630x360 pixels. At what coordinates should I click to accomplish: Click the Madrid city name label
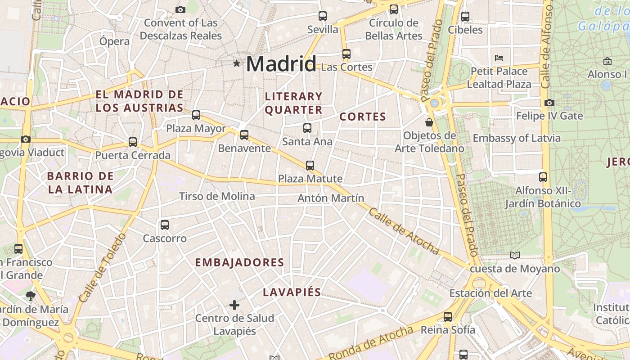tap(281, 63)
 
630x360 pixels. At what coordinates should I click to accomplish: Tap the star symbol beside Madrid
tap(237, 63)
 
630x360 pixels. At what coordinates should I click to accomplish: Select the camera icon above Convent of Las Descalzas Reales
tap(180, 9)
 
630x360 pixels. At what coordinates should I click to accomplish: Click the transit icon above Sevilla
tap(323, 16)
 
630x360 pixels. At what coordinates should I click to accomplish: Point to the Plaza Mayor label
tap(196, 129)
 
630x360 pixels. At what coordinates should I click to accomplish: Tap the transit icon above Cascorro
tap(165, 225)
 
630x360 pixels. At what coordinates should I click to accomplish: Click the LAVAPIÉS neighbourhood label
tap(292, 292)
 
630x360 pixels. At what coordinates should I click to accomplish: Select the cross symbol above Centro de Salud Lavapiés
tap(234, 305)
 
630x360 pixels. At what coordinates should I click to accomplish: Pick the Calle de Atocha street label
tap(404, 231)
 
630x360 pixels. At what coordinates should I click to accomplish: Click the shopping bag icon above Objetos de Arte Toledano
tap(429, 122)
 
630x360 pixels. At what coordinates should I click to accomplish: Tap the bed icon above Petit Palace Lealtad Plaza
tap(499, 58)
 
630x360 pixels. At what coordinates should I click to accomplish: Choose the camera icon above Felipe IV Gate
tap(549, 103)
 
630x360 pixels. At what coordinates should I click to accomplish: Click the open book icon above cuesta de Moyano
tap(515, 256)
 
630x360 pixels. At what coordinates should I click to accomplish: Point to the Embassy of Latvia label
tap(517, 138)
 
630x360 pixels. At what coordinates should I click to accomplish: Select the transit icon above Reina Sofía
tap(448, 316)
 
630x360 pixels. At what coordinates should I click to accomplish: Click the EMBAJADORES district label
tap(239, 263)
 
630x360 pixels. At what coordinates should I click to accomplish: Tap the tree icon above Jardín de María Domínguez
tap(31, 296)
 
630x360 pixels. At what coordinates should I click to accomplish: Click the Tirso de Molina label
tap(217, 196)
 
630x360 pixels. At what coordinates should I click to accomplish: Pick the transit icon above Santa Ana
tap(307, 128)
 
